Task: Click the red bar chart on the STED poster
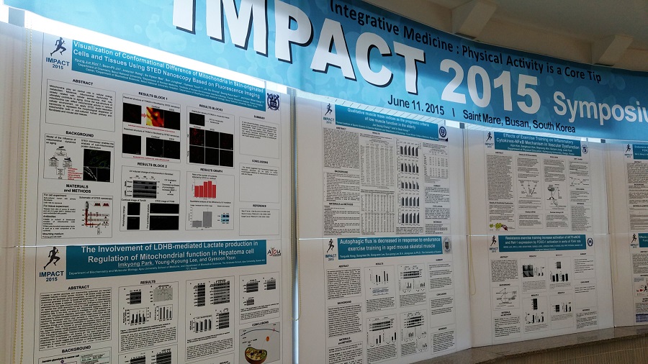(205, 190)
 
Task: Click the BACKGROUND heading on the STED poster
(77, 134)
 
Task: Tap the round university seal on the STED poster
(272, 101)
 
